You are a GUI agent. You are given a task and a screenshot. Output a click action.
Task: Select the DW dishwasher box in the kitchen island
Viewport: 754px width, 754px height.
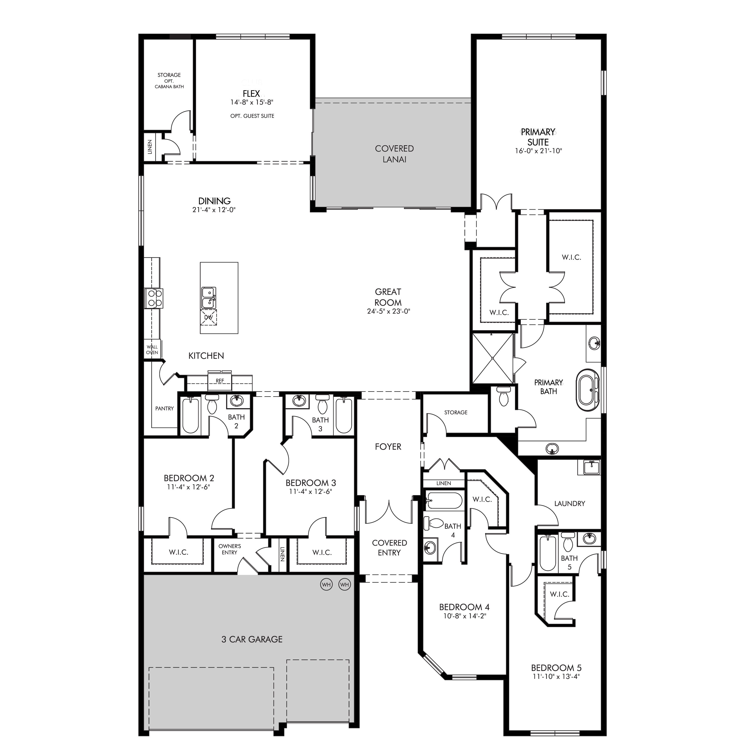pos(208,317)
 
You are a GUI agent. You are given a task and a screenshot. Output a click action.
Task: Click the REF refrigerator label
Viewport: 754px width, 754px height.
pos(220,381)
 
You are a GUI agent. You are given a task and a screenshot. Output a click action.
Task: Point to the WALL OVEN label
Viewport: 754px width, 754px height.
pos(152,350)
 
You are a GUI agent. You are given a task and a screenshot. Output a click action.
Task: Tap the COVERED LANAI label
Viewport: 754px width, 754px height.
pos(394,154)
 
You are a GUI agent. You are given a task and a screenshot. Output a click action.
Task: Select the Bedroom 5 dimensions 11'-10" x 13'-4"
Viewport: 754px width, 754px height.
pos(556,676)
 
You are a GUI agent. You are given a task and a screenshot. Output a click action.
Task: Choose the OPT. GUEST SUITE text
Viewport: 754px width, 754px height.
pos(252,116)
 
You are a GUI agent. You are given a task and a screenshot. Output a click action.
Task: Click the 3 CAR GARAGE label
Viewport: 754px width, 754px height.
pos(252,639)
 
